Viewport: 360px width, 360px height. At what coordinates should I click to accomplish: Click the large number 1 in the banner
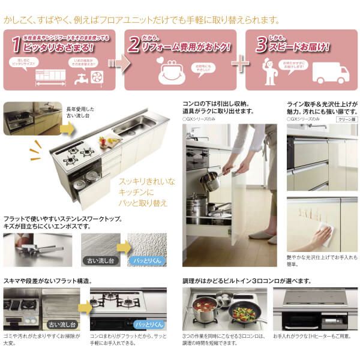[14, 43]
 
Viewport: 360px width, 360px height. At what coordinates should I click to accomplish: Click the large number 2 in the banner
[136, 43]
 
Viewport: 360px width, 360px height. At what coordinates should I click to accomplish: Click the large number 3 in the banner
[261, 43]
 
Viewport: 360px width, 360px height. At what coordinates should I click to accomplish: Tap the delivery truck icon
[331, 74]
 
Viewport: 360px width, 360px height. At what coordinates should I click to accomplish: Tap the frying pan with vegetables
[243, 313]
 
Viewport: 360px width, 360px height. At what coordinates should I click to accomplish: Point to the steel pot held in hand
[210, 180]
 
